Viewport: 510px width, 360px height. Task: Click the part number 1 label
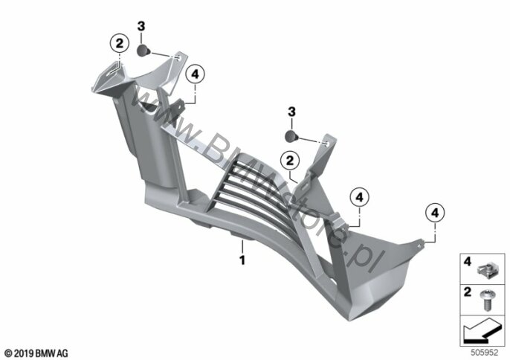[x=242, y=260]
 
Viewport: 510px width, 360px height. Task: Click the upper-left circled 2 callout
[x=120, y=43]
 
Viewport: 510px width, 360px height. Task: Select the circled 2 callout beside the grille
[x=290, y=161]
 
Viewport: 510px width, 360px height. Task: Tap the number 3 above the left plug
[x=141, y=26]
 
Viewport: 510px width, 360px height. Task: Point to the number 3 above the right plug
[x=291, y=112]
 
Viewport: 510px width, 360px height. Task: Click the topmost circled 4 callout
[x=195, y=74]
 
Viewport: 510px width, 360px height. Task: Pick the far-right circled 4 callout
[x=435, y=213]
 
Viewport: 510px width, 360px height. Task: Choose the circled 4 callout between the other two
[x=359, y=197]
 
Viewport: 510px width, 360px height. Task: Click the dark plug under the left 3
[x=143, y=51]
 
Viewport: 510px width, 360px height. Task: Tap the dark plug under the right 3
[x=292, y=135]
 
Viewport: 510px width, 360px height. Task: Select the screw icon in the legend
[x=486, y=300]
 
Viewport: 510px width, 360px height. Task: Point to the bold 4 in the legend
[x=468, y=261]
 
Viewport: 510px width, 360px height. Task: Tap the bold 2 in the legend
[x=468, y=292]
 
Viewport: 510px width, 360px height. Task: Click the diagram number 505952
[x=484, y=353]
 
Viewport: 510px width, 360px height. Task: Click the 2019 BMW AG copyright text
[x=36, y=353]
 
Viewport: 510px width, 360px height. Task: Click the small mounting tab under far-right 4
[x=419, y=243]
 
